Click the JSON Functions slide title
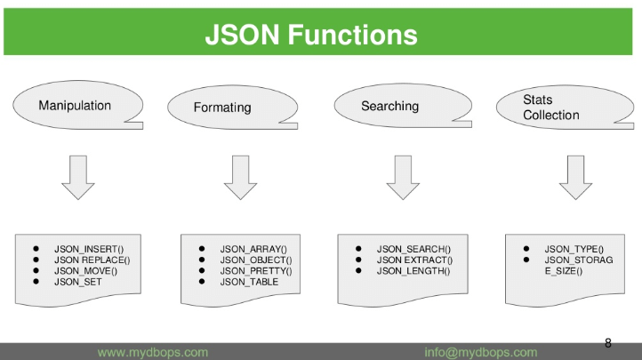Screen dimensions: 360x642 coord(310,35)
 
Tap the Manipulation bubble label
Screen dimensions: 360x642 coord(75,106)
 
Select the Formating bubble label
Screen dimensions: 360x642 coord(222,108)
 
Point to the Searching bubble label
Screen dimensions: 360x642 coord(389,107)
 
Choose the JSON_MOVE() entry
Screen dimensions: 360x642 coord(85,270)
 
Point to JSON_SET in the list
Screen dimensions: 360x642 coord(78,281)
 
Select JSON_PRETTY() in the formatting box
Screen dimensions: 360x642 coord(256,270)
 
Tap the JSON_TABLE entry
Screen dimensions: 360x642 coord(250,281)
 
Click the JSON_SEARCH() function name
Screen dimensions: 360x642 coord(413,249)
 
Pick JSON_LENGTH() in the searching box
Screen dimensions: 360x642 coord(413,270)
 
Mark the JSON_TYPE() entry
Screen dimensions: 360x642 coord(574,249)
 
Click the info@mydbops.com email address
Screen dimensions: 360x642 coord(481,352)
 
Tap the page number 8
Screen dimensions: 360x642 coord(608,343)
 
